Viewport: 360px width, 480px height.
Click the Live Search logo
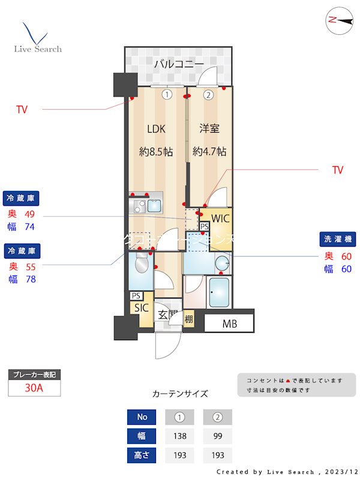point(37,38)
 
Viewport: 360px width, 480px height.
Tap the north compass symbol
point(340,20)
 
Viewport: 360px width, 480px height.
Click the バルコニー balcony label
point(178,64)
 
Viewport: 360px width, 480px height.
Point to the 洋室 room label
point(209,128)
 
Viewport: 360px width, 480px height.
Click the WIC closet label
point(220,218)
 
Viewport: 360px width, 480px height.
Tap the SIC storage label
point(142,308)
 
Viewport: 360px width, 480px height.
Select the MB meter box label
point(229,325)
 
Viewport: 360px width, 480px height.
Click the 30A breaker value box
point(34,388)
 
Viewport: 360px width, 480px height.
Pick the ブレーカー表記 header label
point(34,375)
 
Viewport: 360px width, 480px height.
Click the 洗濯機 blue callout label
point(337,239)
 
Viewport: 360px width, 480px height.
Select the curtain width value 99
point(217,436)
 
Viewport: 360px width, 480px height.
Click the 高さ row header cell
point(142,455)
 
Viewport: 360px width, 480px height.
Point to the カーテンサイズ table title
point(180,394)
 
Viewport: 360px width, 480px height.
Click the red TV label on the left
point(22,110)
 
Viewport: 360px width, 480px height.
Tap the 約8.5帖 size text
point(156,152)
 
